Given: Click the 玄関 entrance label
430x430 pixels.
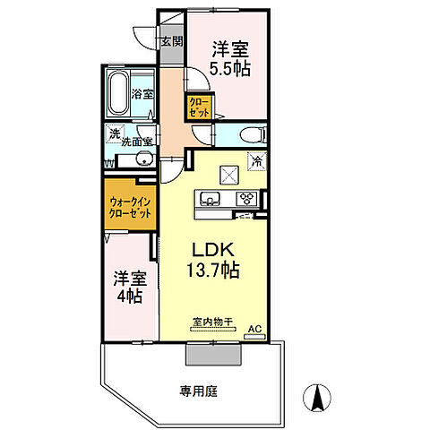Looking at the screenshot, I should tap(172, 40).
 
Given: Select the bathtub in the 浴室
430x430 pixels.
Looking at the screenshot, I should tap(117, 90).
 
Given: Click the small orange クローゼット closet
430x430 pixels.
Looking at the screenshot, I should tap(199, 109).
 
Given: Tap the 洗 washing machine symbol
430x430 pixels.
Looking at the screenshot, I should tap(115, 134).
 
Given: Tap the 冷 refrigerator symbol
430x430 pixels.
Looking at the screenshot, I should tap(257, 162).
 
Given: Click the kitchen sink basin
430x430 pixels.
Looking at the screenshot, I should tap(211, 198).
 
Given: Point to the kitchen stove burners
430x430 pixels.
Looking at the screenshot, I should tap(245, 198).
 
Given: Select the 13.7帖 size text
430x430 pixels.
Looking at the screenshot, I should tap(213, 269).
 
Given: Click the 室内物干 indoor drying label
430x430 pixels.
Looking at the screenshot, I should tap(211, 322).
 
